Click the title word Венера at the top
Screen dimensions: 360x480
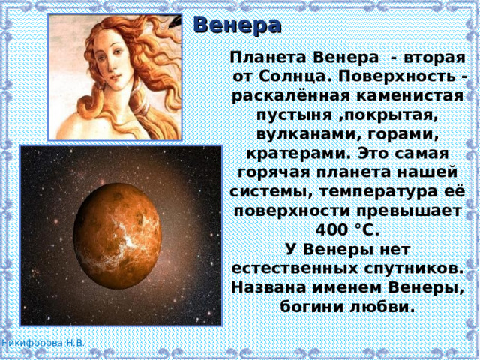click(237, 24)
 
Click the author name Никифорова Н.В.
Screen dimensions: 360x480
click(43, 342)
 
